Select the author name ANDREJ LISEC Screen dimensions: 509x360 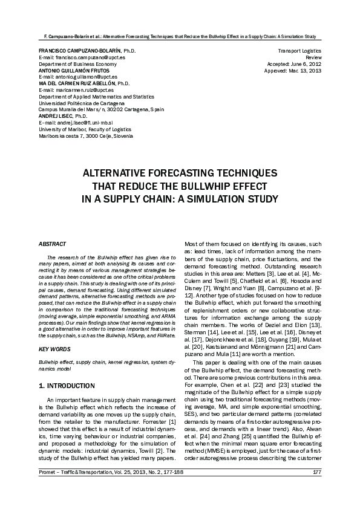(55, 115)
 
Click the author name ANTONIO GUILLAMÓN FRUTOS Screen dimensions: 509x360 (74, 70)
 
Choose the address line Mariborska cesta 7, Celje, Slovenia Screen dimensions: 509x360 (82, 136)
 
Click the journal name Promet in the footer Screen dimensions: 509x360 (49, 488)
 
